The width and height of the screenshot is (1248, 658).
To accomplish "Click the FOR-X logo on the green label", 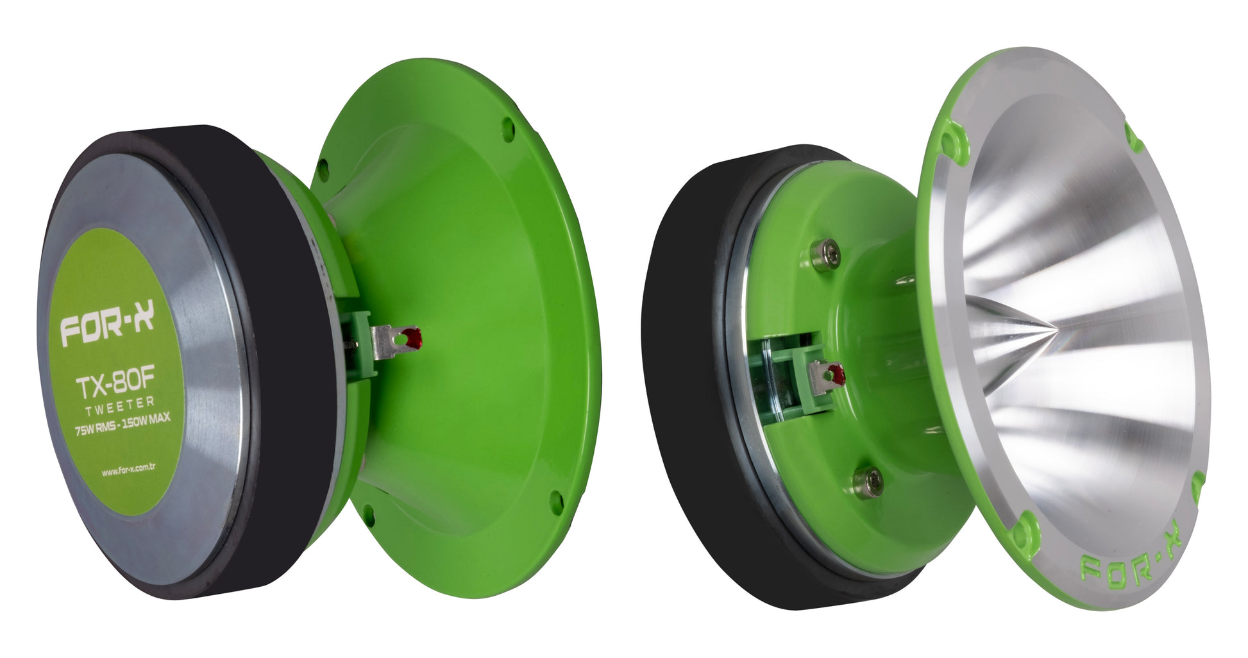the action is (x=107, y=327).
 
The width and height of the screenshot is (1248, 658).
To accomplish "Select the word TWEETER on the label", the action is (x=120, y=405).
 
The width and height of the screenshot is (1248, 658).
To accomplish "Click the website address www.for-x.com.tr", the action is (x=128, y=470).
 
